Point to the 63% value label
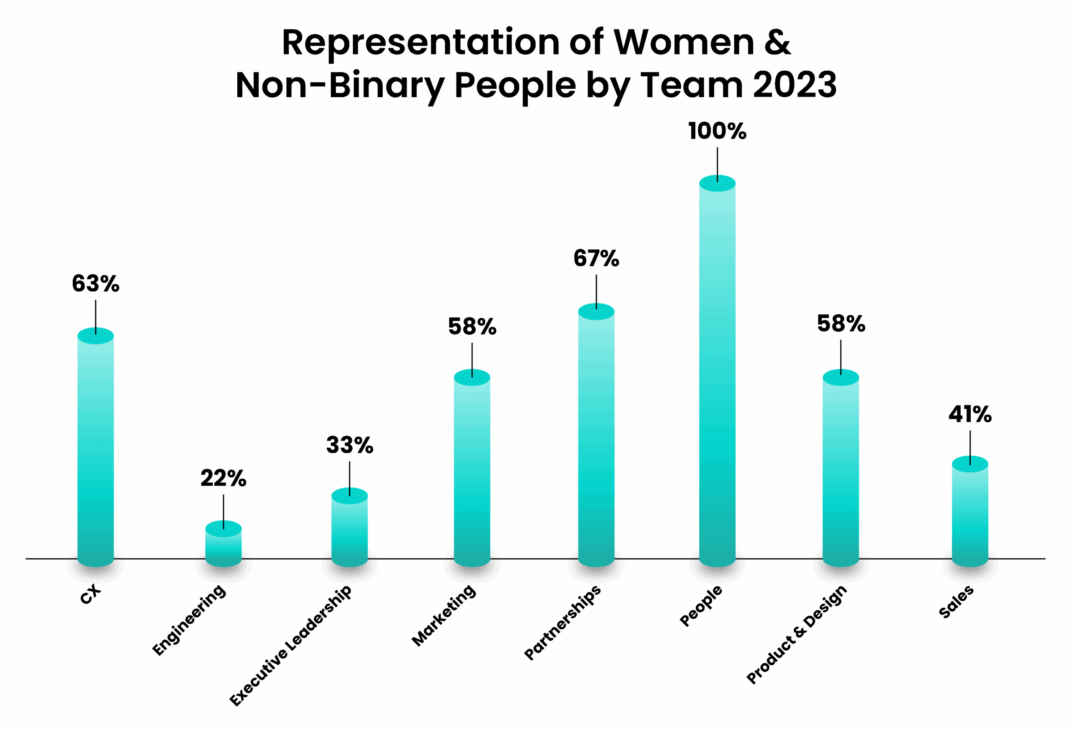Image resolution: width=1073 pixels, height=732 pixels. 96,283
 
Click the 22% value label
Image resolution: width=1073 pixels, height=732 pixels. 223,478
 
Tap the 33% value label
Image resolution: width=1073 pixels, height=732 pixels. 350,445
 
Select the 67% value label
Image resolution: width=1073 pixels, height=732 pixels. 596,258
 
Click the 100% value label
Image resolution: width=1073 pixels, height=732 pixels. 717,131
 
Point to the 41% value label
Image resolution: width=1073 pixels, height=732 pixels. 970,414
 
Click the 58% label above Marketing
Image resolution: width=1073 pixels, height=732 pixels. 472,327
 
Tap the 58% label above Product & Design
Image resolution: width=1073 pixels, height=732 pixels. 841,323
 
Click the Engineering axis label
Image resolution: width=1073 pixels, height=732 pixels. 189,620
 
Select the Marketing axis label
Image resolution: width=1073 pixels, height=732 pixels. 444,615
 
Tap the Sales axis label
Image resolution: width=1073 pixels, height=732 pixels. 956,601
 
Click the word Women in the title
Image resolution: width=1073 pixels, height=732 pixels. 684,42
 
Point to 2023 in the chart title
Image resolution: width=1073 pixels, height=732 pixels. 795,85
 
